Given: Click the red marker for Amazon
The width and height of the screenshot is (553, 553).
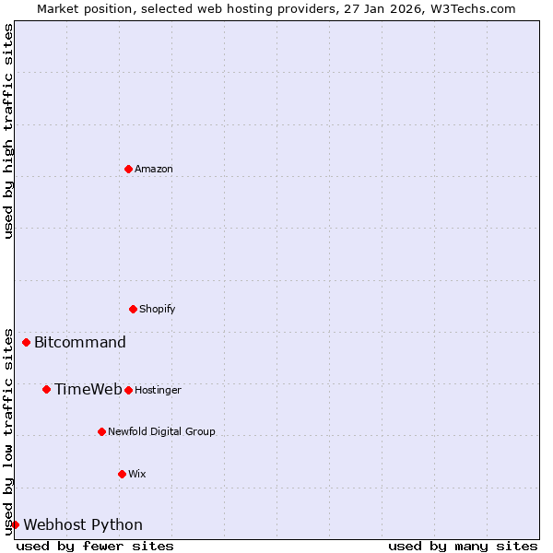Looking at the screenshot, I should coord(128,169).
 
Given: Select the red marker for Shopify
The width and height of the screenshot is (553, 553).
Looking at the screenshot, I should coord(133,309).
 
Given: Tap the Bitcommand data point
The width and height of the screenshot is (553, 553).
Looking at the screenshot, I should coord(26,342).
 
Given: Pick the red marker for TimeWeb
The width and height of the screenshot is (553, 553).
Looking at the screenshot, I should coord(46,389).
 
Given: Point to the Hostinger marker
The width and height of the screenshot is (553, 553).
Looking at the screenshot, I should coord(128,390).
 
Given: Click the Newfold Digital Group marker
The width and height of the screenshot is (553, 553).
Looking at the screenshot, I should coord(101,431).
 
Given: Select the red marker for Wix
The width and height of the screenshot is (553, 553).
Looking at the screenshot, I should coord(122,474).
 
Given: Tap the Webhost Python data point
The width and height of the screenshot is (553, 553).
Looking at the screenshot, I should coord(15,524).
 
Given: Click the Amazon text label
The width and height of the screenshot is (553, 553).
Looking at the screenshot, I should coord(154,169).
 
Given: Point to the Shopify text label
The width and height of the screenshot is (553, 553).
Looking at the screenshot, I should coord(158,309).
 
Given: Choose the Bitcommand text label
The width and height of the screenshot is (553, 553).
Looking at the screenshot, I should coord(80,343).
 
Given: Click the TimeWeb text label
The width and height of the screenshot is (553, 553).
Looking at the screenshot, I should coord(88,389).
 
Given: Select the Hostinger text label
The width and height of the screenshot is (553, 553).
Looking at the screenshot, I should coord(158,390).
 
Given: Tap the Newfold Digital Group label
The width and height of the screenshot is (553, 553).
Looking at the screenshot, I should coord(161,431).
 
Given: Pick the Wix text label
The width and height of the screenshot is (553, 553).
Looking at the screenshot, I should coord(137,474).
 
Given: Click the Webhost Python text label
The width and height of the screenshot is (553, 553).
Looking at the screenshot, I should coord(83,525).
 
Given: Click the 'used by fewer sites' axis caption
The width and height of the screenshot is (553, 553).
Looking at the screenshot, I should coord(95,546).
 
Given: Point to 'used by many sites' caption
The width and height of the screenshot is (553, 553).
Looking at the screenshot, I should coord(463,546).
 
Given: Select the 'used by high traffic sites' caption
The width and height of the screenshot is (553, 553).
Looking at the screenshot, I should coord(8,131).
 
